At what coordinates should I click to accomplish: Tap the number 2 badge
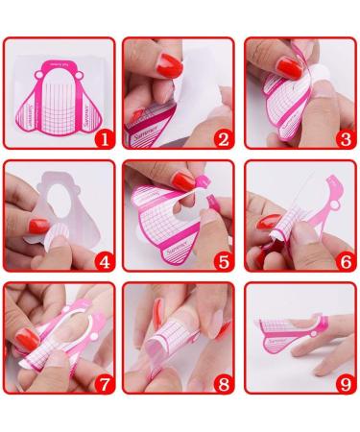[x=223, y=138]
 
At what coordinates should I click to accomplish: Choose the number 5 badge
[x=223, y=260]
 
